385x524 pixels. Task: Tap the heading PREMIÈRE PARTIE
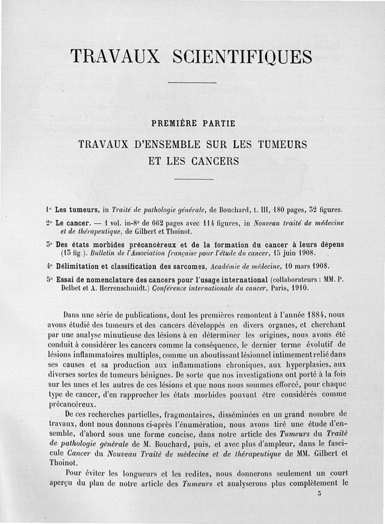click(193, 123)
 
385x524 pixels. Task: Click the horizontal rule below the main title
click(193, 83)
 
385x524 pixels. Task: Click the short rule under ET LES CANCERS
click(193, 179)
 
